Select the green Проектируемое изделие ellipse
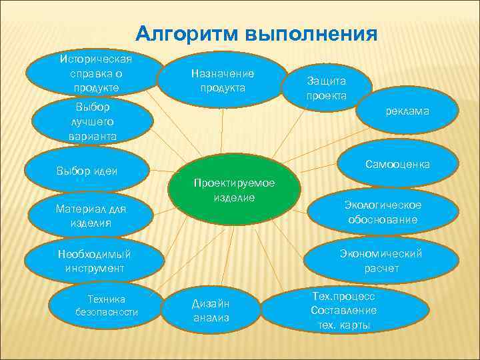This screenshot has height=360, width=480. click(234, 191)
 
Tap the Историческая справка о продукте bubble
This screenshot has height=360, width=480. click(95, 70)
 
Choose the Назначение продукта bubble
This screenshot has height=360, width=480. click(223, 80)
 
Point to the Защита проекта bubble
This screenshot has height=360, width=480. click(327, 88)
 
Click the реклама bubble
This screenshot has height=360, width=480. click(407, 112)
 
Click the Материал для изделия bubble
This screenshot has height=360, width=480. click(91, 215)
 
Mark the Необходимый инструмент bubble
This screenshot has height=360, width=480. click(94, 261)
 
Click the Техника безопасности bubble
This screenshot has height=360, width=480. click(107, 305)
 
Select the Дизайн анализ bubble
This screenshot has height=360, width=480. click(211, 310)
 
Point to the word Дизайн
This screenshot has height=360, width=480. click(211, 303)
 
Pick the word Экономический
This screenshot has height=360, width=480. click(381, 253)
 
